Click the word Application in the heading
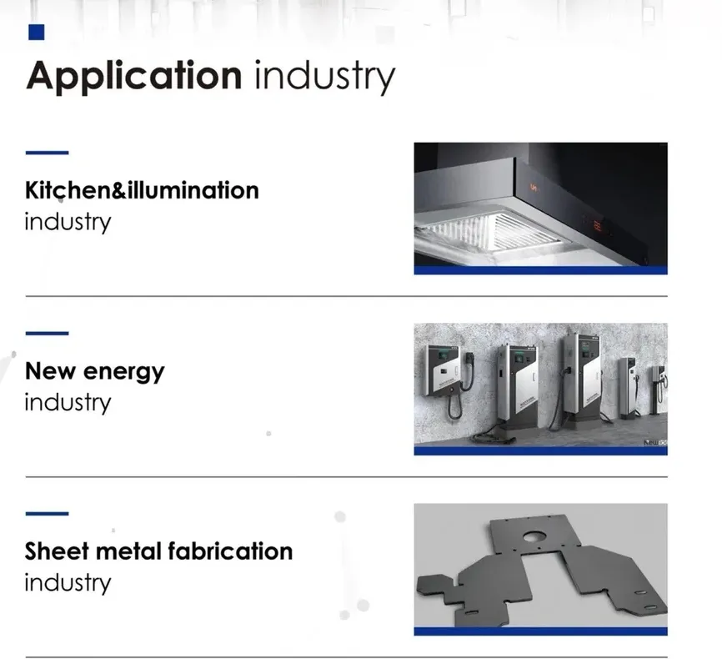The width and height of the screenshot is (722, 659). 133,77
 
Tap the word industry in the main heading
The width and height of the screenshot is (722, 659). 323,77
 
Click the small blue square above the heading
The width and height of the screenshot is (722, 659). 36,33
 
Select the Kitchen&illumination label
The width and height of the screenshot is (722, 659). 142,190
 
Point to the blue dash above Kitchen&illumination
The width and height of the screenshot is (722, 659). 47,153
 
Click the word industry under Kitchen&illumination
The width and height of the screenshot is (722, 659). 67,222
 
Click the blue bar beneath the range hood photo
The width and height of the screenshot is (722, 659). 540,270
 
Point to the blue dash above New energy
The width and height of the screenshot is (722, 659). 47,334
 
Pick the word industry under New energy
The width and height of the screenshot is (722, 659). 67,402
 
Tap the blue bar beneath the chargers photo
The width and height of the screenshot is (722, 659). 540,451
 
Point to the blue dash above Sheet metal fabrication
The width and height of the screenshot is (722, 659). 47,514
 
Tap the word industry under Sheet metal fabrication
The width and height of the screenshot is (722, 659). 67,582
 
